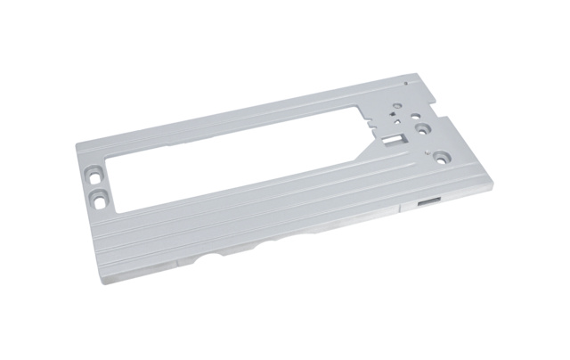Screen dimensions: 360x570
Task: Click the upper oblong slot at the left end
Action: pyautogui.click(x=93, y=168)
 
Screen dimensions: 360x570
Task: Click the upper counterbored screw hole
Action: pyautogui.click(x=425, y=128)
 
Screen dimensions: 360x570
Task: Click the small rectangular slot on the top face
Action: pyautogui.click(x=393, y=140)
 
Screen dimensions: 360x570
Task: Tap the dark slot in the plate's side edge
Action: pyautogui.click(x=427, y=203)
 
